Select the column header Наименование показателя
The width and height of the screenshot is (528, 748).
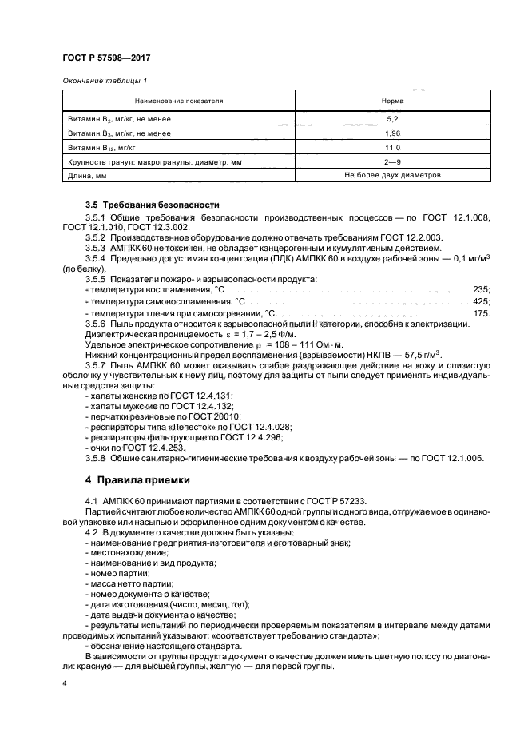click(178, 102)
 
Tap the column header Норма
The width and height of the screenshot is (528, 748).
click(393, 102)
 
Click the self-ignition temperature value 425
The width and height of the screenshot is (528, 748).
click(481, 301)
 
